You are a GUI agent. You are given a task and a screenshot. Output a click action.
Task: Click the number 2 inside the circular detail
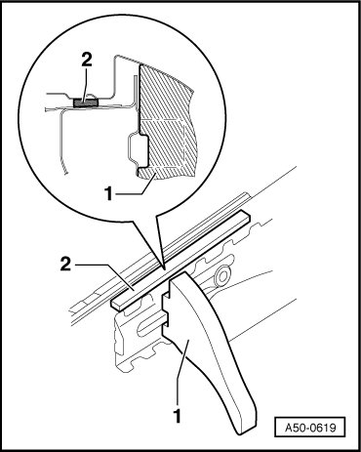point(87,61)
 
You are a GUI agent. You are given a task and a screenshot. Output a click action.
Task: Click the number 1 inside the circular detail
point(108,194)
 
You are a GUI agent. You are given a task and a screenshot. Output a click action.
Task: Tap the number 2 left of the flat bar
point(65,264)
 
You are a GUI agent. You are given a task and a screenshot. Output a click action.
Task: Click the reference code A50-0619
point(310,427)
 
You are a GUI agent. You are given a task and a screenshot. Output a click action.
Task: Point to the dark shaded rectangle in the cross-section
point(86,103)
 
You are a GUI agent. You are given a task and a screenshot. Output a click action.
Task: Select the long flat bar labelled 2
point(180,259)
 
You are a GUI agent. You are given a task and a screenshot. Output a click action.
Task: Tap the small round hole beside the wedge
point(223,276)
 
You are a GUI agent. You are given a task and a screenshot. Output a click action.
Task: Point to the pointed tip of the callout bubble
point(165,268)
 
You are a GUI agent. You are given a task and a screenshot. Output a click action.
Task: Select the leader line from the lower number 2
point(104,276)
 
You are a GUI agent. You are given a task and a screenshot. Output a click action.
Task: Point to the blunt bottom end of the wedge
point(246,429)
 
